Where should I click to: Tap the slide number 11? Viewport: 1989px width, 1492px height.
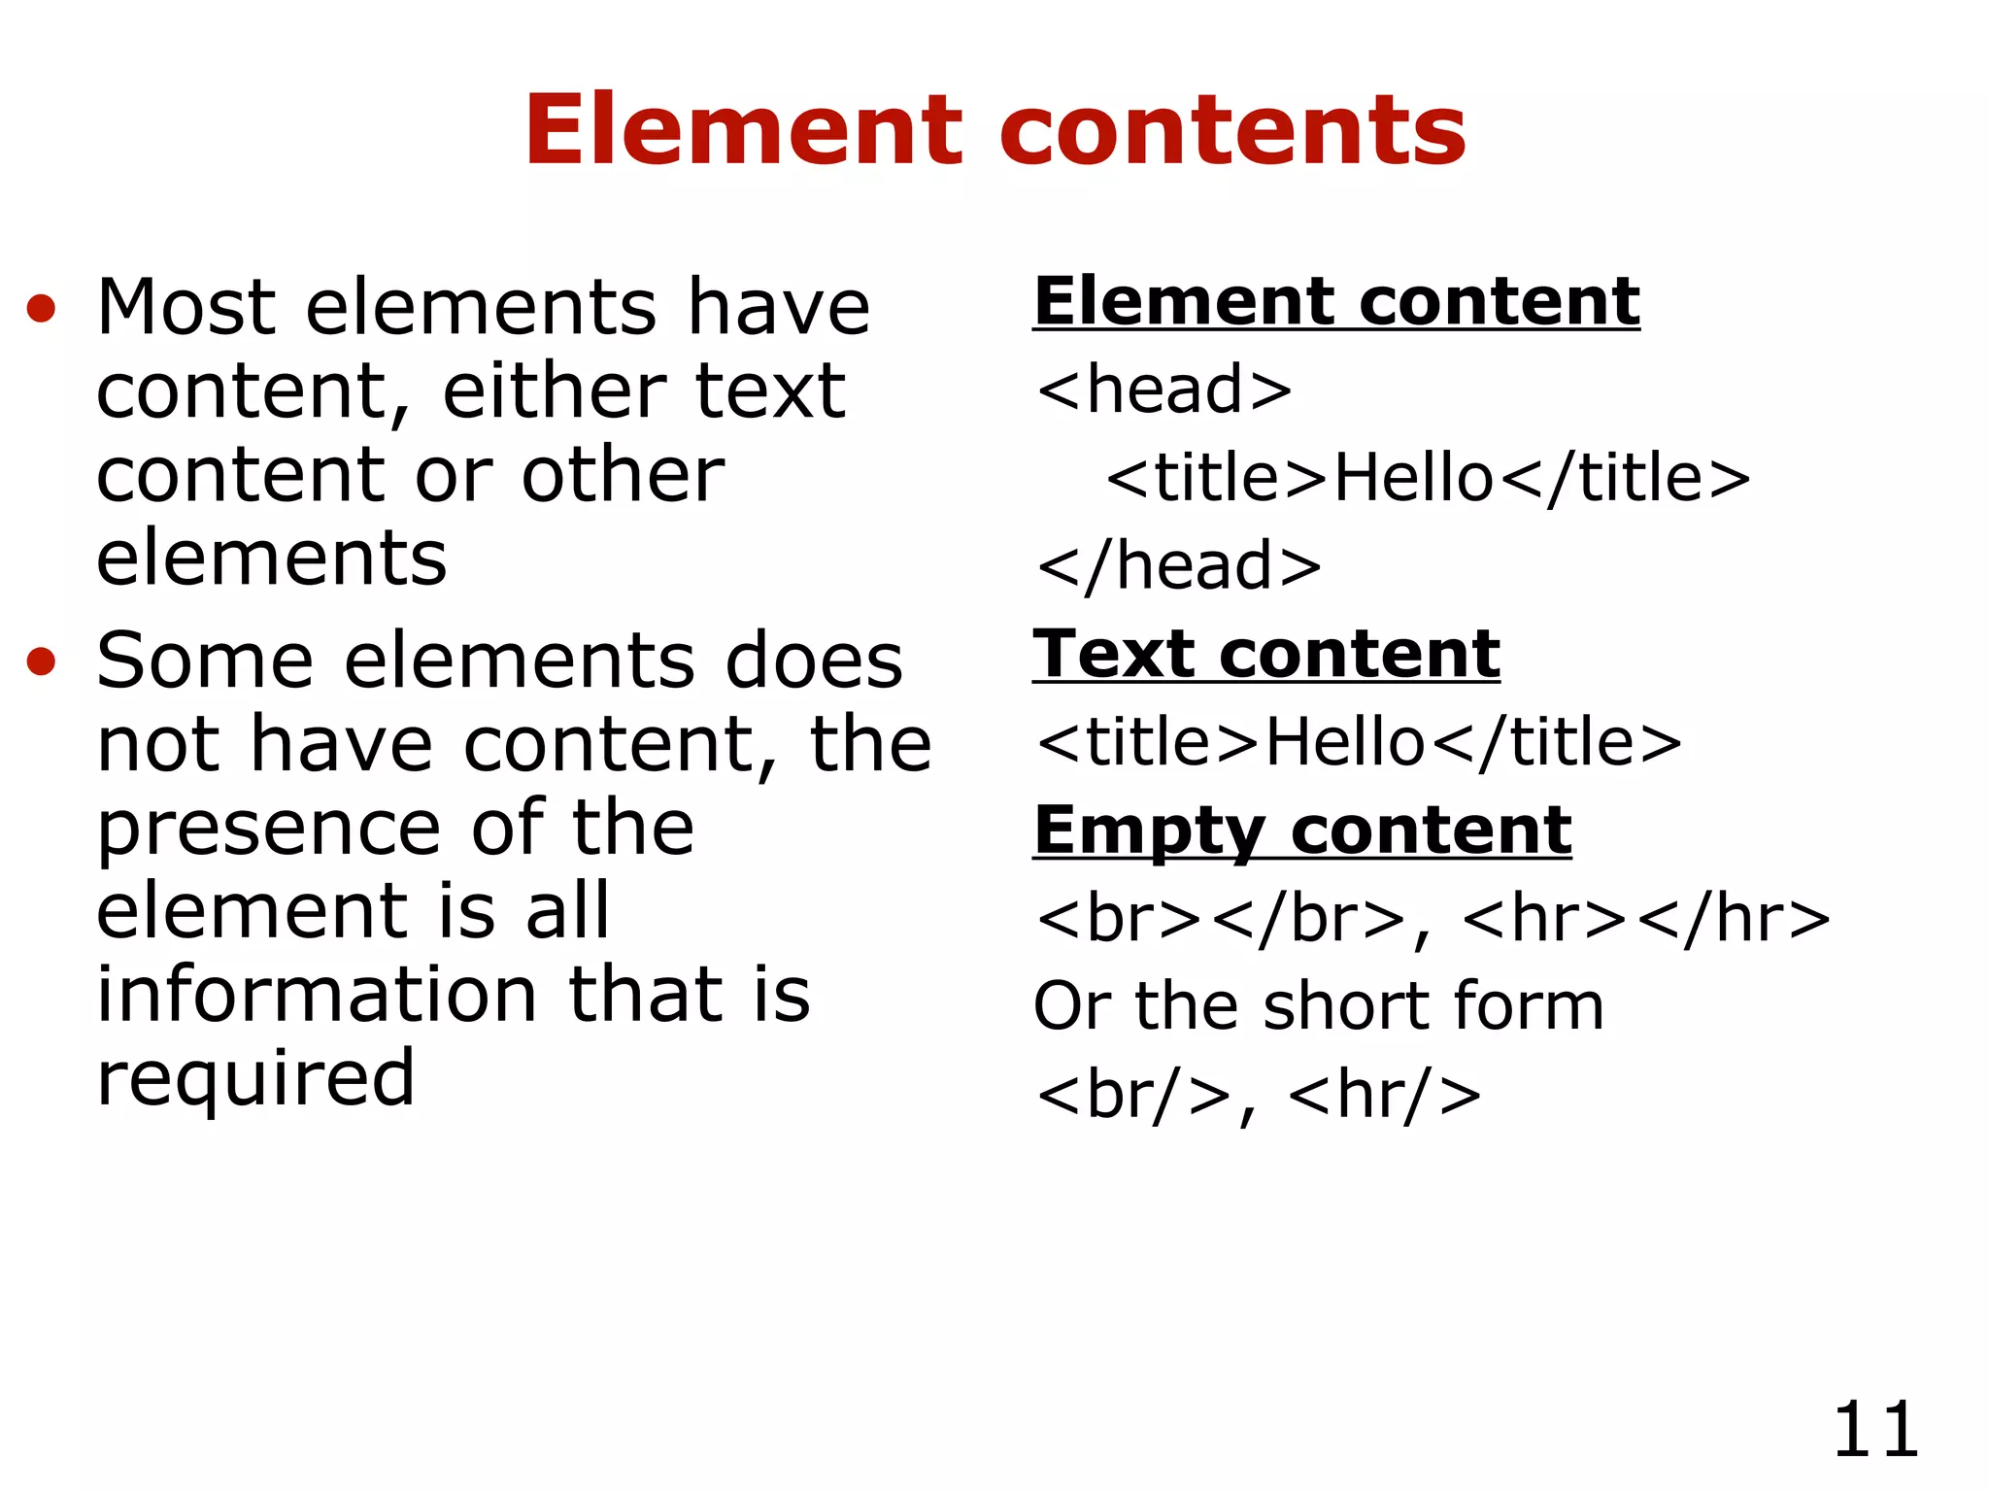pyautogui.click(x=1875, y=1430)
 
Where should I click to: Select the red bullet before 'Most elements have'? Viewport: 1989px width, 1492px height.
pyautogui.click(x=41, y=309)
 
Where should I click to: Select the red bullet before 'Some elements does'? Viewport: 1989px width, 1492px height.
pyautogui.click(x=41, y=661)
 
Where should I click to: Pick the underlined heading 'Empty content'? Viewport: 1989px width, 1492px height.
pyautogui.click(x=1302, y=831)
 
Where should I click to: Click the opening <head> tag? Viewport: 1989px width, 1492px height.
pyautogui.click(x=1163, y=390)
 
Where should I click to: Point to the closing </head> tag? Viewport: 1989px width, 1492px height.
pyautogui.click(x=1178, y=565)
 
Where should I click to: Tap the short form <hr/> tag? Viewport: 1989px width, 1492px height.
pyautogui.click(x=1384, y=1095)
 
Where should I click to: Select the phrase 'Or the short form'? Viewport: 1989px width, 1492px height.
pyautogui.click(x=1318, y=1006)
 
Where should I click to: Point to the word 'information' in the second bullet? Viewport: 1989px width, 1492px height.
pyautogui.click(x=317, y=995)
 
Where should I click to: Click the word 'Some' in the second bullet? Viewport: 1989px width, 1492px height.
pyautogui.click(x=205, y=661)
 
